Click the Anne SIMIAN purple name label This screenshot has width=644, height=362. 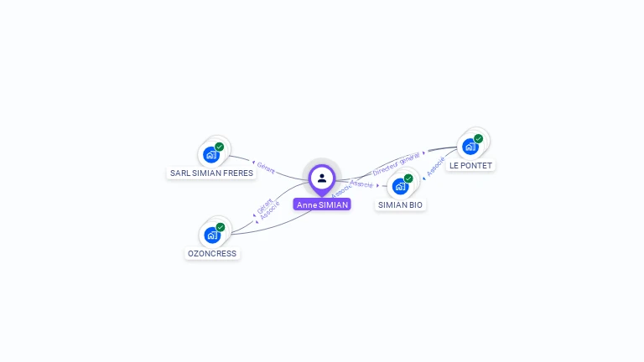click(x=322, y=204)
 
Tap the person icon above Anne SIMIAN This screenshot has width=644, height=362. click(x=322, y=178)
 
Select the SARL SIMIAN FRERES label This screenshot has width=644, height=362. click(x=211, y=173)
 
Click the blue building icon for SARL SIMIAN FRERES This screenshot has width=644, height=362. click(x=210, y=155)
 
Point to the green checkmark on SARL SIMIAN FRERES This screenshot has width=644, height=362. click(x=219, y=147)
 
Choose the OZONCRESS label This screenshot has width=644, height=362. click(x=212, y=253)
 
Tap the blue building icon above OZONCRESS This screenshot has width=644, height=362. click(x=211, y=235)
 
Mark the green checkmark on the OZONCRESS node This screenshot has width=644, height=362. click(x=220, y=227)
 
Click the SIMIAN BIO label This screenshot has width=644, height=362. click(x=400, y=204)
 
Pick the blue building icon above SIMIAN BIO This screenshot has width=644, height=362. click(x=400, y=186)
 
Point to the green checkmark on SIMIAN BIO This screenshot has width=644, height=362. click(x=408, y=178)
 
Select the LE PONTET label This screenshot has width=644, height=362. click(x=470, y=165)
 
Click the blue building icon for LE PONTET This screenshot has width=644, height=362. click(x=470, y=147)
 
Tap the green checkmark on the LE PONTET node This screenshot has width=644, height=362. click(x=478, y=139)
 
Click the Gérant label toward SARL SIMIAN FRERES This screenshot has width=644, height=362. click(x=266, y=169)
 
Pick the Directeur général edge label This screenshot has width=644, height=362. click(x=396, y=163)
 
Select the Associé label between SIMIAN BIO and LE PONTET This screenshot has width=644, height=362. click(x=435, y=166)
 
